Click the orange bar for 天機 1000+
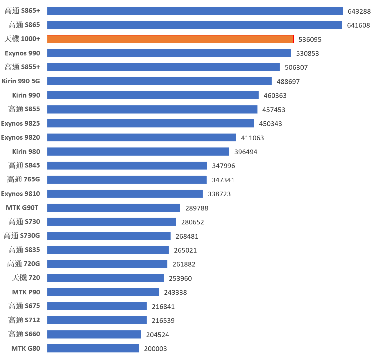pos(170,39)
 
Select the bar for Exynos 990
pos(169,53)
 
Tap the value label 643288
pos(359,11)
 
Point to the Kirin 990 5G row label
pos(21,81)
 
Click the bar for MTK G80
pos(93,348)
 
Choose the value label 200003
pos(155,349)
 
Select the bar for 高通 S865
pos(194,25)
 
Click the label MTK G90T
pos(22,208)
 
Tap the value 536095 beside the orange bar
pos(310,39)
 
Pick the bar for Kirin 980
pos(138,152)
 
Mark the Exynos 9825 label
pos(20,123)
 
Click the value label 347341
pos(223,180)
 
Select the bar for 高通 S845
pos(127,165)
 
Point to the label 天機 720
pos(26,278)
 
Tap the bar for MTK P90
pos(103,292)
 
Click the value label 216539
pos(163,321)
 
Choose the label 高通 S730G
pos(22,236)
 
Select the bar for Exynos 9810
pos(125,194)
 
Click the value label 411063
pos(252,138)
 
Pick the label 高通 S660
pos(24,334)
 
